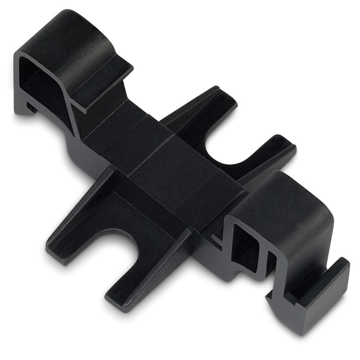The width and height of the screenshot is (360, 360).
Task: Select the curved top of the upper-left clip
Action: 84,28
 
